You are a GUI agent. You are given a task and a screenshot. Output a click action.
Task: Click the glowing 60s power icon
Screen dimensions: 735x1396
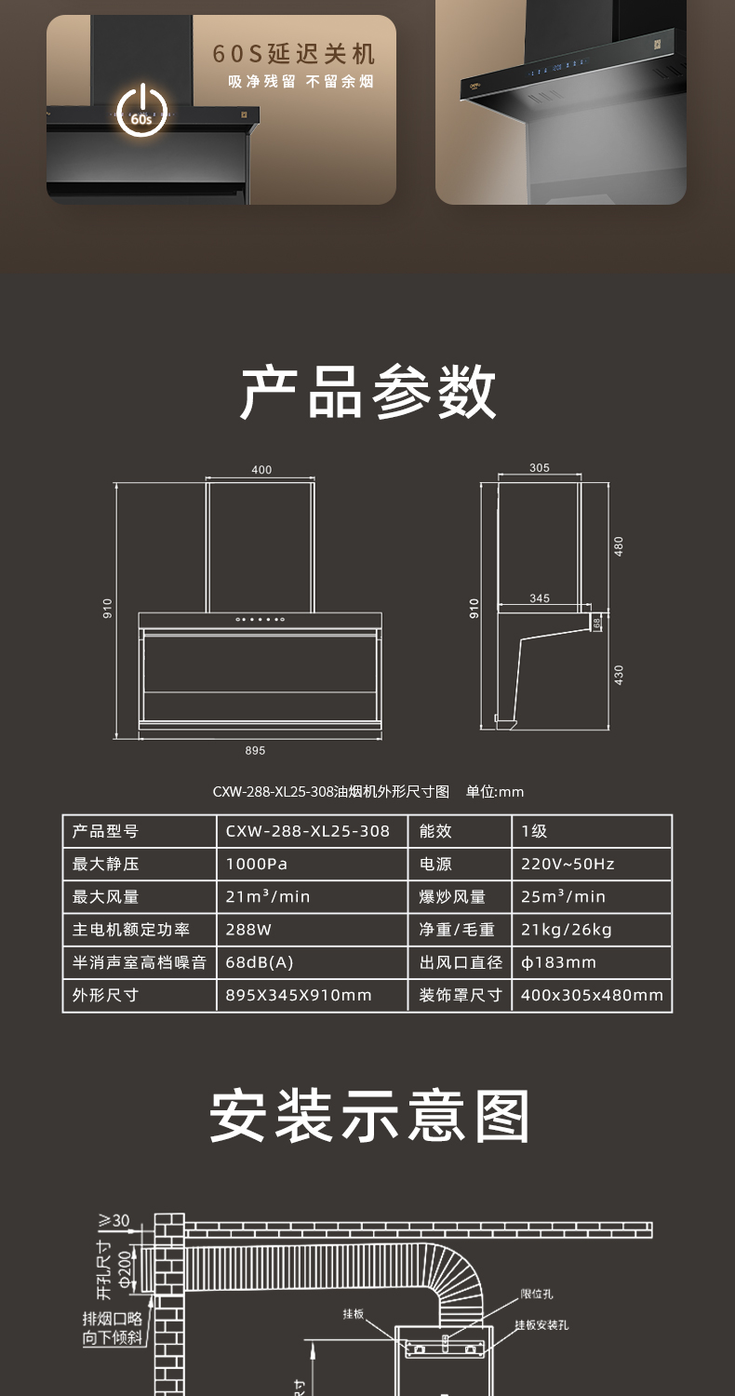point(142,111)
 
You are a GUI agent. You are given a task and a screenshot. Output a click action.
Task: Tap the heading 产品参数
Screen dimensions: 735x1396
point(367,393)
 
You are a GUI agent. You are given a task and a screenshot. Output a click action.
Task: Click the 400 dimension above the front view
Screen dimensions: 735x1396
point(261,469)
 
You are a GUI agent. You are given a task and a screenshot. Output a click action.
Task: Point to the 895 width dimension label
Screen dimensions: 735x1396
point(255,750)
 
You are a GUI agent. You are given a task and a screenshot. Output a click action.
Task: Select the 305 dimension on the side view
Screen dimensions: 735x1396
point(540,467)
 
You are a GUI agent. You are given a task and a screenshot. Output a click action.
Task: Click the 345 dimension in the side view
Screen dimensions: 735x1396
point(540,598)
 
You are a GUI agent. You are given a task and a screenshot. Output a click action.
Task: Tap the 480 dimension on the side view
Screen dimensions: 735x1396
point(618,546)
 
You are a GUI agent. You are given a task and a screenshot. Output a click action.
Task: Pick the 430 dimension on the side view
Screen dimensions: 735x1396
point(618,675)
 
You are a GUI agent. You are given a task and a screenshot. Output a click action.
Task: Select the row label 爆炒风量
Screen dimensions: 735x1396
point(452,897)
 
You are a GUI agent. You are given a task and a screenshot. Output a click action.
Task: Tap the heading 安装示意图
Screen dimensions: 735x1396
point(368,1117)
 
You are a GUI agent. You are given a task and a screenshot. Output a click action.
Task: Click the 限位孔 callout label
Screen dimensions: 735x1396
point(536,1294)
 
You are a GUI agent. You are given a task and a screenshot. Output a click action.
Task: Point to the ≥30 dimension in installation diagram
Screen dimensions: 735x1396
point(114,1219)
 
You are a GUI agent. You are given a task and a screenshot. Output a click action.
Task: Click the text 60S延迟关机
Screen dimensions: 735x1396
point(293,54)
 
